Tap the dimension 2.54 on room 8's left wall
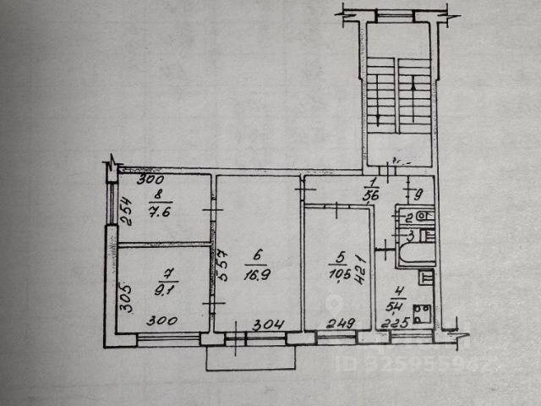tap(125, 209)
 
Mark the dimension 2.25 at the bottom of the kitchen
tap(395, 322)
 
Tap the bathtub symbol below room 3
tap(413, 254)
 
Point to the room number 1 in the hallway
tap(371, 182)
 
